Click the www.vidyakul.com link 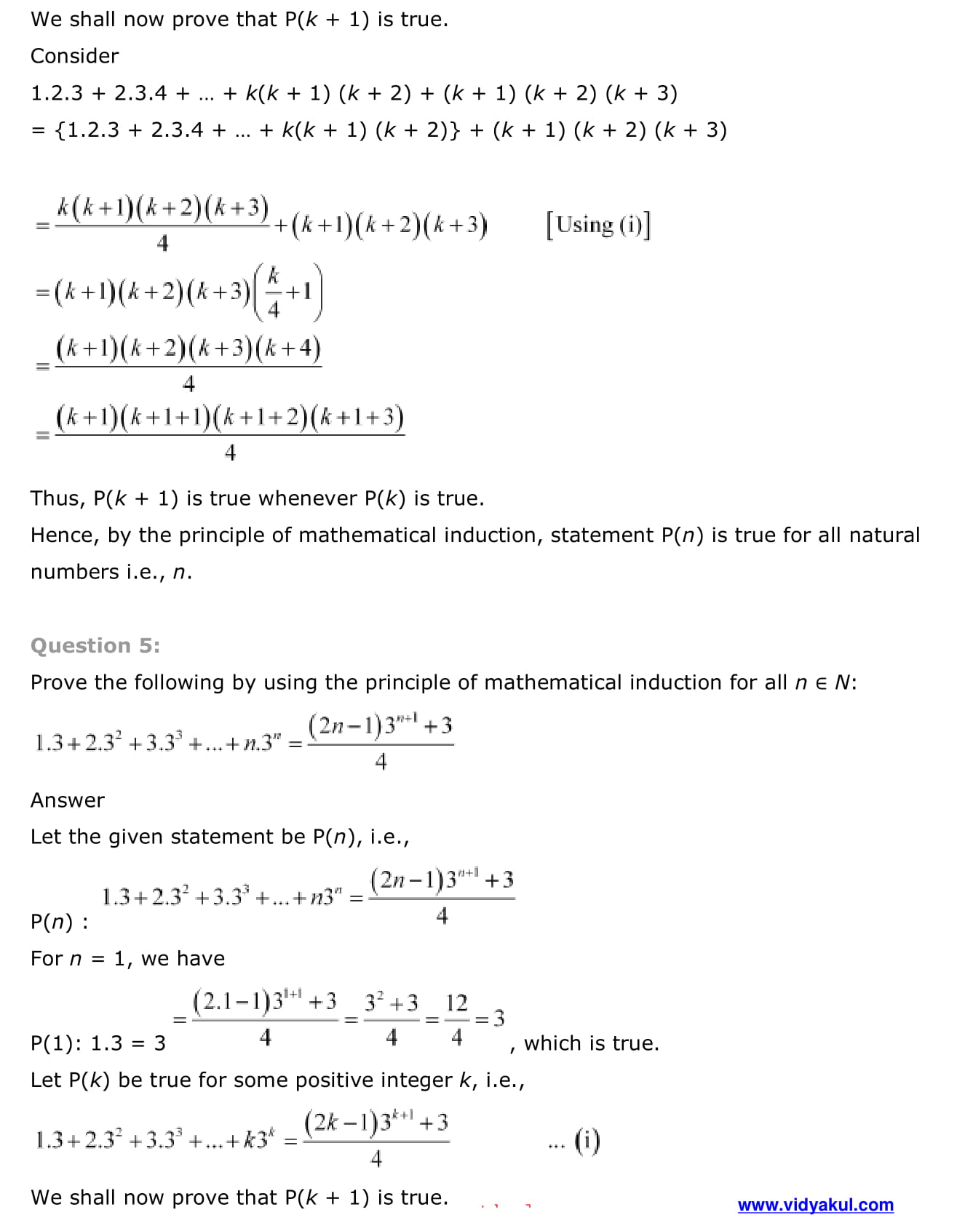pos(815,1205)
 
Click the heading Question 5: pos(95,645)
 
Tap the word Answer pos(68,800)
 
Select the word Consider pos(74,56)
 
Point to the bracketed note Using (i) pos(598,225)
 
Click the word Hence pos(63,535)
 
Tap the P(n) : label pos(60,923)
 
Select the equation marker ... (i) pos(574,1141)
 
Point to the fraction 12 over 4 pos(456,1019)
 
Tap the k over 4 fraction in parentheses pos(274,292)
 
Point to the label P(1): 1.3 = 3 pos(98,1043)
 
